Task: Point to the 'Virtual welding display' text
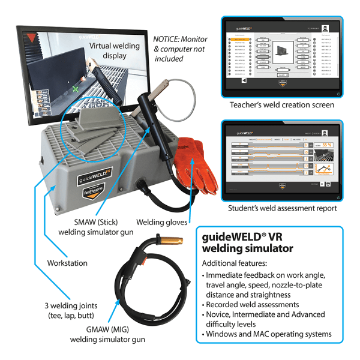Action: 114,51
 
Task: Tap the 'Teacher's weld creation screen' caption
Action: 281,105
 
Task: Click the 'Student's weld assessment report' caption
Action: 281,209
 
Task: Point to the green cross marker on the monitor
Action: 74,89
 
